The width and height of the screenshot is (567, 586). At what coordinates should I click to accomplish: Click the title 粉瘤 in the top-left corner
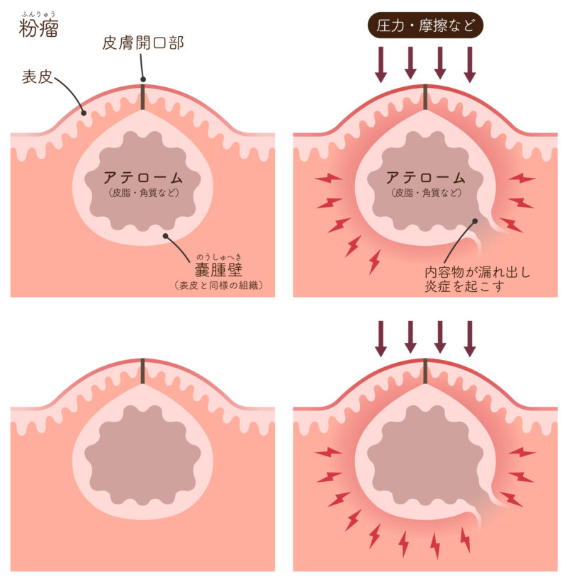click(x=38, y=30)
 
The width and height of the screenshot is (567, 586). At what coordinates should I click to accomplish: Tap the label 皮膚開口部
click(x=142, y=43)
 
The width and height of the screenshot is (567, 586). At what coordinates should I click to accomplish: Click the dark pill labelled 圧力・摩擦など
click(x=426, y=28)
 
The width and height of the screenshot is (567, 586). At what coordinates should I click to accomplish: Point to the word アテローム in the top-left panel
click(x=142, y=177)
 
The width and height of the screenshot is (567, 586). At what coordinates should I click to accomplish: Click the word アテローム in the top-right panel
click(x=425, y=177)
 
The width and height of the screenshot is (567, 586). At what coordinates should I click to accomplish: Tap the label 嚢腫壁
click(x=219, y=270)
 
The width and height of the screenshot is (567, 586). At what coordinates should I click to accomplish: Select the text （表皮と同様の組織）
click(x=219, y=286)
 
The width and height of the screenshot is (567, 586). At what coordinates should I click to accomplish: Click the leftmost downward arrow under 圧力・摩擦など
click(x=381, y=64)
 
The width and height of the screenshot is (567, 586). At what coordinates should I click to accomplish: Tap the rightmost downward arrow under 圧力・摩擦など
click(x=469, y=64)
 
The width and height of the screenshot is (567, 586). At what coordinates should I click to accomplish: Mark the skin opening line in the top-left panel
click(x=142, y=97)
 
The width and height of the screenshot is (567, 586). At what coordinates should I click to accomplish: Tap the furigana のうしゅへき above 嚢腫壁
click(x=219, y=256)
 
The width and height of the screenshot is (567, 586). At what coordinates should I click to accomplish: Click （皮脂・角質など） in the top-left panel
click(x=142, y=192)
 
